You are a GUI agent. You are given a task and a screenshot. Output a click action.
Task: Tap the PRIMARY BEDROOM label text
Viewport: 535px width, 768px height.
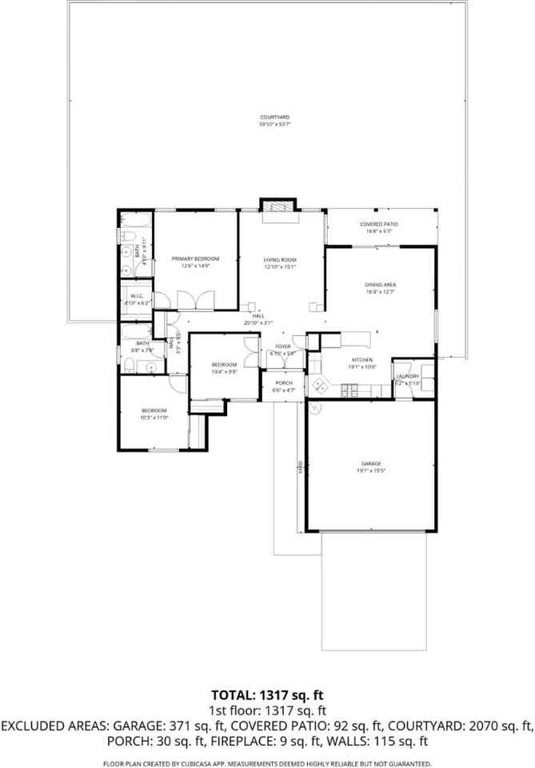[195, 258]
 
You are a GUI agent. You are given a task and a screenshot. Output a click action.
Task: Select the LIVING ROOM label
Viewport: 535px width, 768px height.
[281, 260]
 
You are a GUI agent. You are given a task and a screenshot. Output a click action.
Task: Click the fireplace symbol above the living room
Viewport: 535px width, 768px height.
[279, 207]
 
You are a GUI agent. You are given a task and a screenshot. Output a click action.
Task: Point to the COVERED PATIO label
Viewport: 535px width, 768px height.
[379, 224]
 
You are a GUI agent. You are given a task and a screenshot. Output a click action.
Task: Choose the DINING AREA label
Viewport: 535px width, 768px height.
[381, 285]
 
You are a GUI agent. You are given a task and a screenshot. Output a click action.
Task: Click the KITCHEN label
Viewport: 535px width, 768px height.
[363, 360]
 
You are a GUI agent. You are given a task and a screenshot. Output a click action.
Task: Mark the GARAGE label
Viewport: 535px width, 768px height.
[370, 464]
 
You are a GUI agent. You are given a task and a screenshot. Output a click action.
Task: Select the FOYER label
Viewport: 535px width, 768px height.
[283, 346]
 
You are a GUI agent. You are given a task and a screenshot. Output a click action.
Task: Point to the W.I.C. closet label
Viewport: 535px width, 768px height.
[136, 297]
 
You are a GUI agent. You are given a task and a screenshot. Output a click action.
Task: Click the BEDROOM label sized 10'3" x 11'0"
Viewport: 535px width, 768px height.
[154, 410]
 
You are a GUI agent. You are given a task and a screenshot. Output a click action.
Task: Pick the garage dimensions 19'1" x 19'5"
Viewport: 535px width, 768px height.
[370, 471]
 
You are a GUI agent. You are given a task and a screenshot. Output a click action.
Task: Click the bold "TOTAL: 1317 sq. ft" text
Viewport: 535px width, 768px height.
[267, 694]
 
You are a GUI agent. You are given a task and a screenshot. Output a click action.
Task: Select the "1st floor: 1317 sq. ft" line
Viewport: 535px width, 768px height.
[267, 710]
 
